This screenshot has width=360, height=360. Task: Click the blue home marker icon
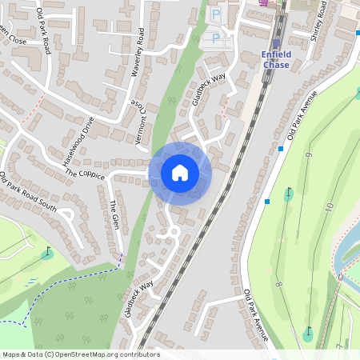180,173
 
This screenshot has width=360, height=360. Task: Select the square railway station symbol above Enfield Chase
276,44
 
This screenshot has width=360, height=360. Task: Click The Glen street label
114,212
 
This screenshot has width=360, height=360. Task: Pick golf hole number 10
328,206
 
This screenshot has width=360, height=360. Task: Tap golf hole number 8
278,284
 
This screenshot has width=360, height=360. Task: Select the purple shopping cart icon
264,4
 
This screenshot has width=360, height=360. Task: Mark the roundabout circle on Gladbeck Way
171,232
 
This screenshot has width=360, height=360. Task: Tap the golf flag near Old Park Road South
47,254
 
